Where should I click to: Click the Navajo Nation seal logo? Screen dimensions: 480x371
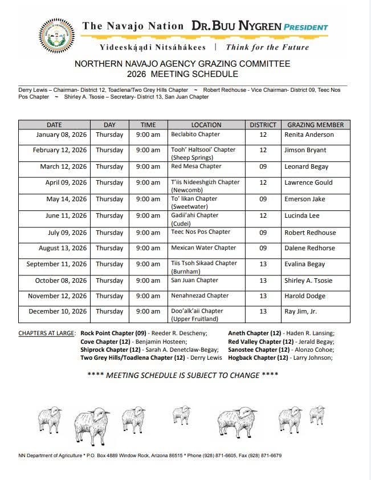(56, 35)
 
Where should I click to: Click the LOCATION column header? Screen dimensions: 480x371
(206, 125)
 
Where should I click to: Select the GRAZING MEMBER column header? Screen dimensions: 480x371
(315, 125)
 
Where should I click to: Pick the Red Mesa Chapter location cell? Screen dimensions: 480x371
(196, 166)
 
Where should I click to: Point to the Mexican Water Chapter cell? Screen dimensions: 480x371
(203, 248)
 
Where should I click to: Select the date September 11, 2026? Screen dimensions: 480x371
(56, 265)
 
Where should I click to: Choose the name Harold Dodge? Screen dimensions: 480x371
(305, 296)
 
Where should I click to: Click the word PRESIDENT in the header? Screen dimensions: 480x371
(307, 27)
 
